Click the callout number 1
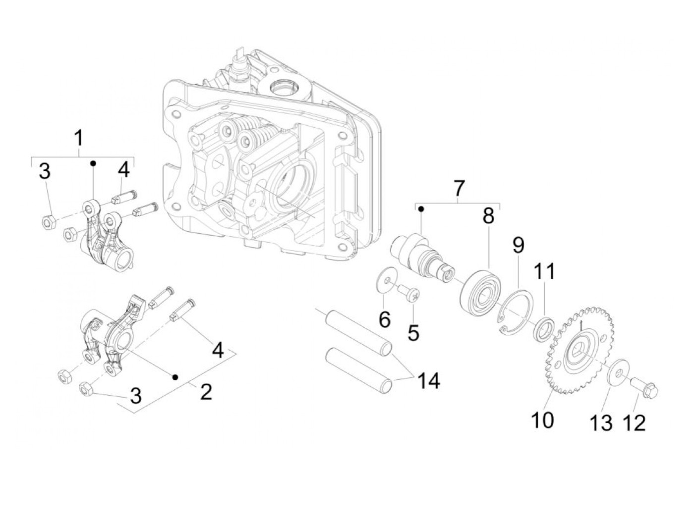(79, 139)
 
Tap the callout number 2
(206, 392)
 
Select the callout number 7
(459, 188)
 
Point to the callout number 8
(488, 215)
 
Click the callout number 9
(519, 245)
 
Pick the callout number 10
(542, 420)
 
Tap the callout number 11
(544, 272)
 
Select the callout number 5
(413, 332)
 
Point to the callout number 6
(385, 319)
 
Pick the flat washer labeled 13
(617, 372)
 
